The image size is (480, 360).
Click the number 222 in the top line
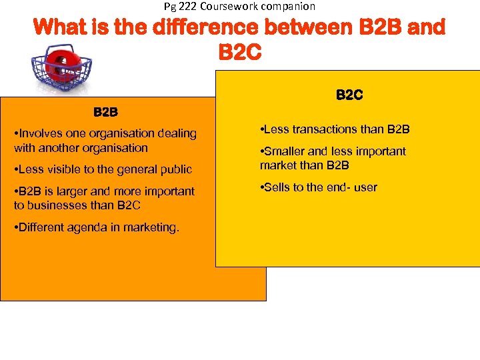pos(186,6)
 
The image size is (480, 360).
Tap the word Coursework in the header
pos(227,6)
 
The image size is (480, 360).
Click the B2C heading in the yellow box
pos(349,95)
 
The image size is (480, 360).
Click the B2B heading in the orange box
pos(105,111)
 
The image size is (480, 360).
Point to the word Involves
pos(41,133)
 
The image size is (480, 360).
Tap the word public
pos(175,169)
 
